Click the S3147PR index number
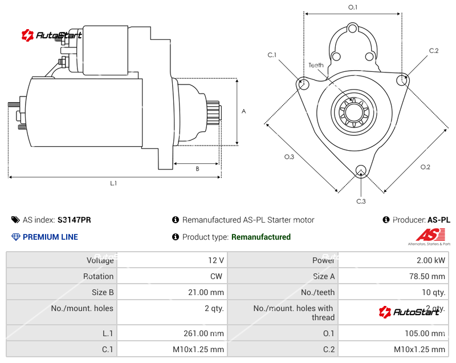coord(74,220)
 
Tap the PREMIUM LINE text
coord(50,237)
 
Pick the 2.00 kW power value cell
coord(433,260)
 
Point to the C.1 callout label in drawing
coord(272,55)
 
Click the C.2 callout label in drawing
coord(434,51)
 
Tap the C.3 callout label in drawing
coord(361,201)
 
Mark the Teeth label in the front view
coord(316,65)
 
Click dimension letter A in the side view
coord(243,111)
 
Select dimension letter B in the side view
coord(197,168)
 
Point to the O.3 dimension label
coord(289,157)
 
